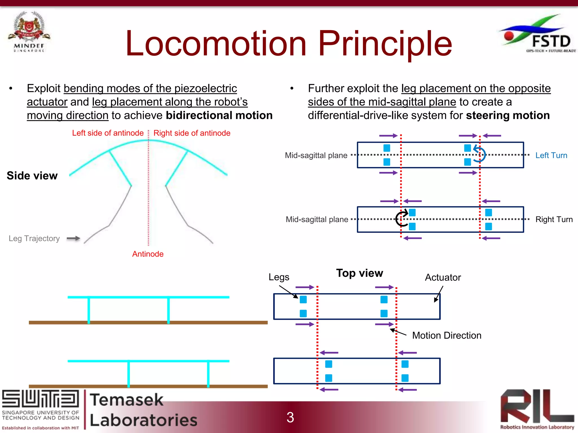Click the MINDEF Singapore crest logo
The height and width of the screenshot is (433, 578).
pos(29,32)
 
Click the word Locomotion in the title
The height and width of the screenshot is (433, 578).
pos(216,44)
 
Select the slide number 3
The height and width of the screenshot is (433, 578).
pos(290,417)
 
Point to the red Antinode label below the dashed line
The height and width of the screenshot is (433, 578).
pos(148,254)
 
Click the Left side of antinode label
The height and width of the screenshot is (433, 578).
pos(108,133)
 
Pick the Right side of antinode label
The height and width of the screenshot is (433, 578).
pos(192,133)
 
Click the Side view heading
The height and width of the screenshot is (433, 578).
pos(32,176)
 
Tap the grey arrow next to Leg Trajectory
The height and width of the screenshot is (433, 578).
pos(73,238)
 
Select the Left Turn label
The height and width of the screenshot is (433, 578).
pos(551,155)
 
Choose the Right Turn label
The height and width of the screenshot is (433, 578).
pos(554,219)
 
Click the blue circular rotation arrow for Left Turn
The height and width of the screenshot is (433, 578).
pos(480,154)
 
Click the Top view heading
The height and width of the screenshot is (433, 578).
pos(360,273)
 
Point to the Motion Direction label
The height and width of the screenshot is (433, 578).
pos(447,335)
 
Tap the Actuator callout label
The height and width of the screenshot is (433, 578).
pos(443,277)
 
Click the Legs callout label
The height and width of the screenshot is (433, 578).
pos(279,277)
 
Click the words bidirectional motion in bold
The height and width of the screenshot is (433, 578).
pos(219,116)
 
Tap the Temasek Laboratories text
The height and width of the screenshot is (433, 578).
pos(143,410)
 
